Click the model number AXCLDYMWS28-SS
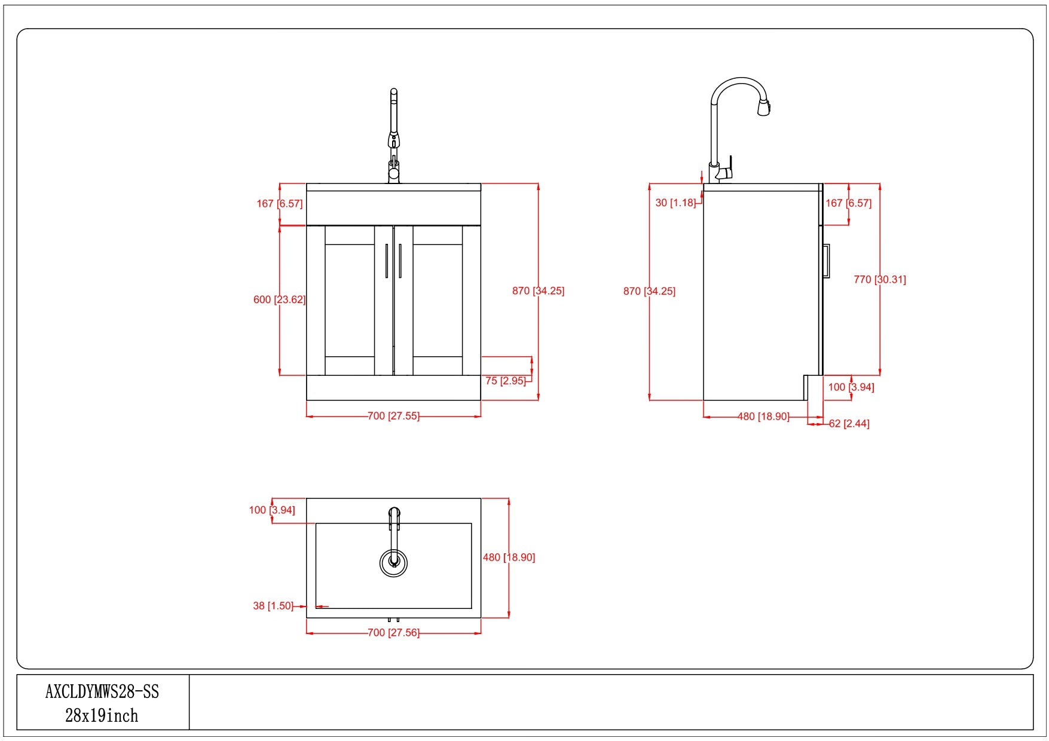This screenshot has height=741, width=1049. (102, 691)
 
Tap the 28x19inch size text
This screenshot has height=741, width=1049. (102, 715)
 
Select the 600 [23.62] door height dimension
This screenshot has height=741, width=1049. (279, 299)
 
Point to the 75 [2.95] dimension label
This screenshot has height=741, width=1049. (505, 381)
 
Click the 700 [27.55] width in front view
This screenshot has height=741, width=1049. (393, 416)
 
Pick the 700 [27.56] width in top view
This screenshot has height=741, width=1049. (393, 632)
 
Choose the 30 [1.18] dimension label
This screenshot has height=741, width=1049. (675, 203)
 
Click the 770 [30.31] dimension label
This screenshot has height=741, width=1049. (879, 279)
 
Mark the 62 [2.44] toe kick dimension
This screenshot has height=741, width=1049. (849, 424)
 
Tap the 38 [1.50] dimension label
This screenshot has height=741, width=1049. (273, 606)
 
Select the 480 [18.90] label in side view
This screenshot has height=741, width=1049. (763, 417)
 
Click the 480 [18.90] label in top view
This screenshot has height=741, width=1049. (509, 558)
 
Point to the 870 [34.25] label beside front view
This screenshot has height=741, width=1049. (538, 291)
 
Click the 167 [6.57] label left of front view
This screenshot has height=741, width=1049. (279, 204)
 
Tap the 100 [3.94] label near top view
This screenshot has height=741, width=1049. (272, 510)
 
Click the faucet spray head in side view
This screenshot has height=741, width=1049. (764, 108)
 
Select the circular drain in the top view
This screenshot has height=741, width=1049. (393, 562)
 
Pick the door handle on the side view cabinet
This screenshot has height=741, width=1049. (826, 261)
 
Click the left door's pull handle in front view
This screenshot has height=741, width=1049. (387, 261)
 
